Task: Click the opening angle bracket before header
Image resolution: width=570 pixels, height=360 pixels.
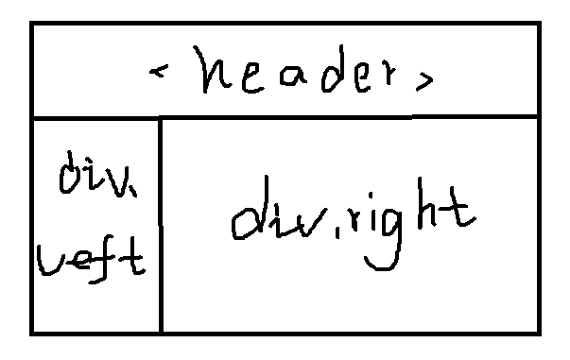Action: point(159,71)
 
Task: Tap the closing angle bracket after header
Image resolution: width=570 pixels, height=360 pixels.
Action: point(424,81)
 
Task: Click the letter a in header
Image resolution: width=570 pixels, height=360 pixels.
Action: point(293,77)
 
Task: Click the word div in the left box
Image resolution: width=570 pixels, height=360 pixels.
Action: point(98,174)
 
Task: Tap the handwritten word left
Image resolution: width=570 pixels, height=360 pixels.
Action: point(91,260)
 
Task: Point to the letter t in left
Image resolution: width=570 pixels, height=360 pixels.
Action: point(131,256)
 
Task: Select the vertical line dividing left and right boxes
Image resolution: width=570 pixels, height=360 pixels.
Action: point(161,225)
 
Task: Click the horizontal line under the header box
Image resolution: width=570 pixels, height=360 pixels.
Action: point(285,118)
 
